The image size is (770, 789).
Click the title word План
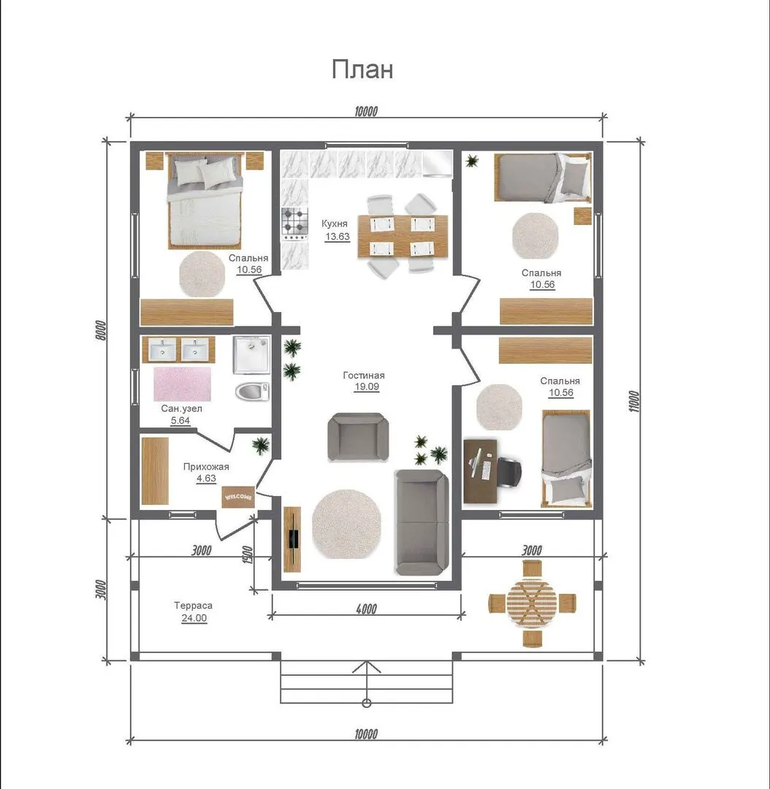point(362,69)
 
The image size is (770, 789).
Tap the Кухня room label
point(334,224)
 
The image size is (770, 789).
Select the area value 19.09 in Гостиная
point(367,386)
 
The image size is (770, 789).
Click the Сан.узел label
point(181,408)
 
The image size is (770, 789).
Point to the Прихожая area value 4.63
point(206,478)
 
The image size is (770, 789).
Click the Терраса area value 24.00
point(194,618)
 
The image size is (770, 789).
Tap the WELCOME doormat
point(239,498)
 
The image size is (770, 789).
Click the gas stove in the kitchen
point(294,224)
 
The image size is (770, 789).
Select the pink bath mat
point(182,384)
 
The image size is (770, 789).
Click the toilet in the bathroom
point(252,392)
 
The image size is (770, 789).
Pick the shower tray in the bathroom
point(251,355)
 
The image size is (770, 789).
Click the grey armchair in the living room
point(358,437)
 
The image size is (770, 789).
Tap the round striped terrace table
point(532,603)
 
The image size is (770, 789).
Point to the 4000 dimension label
point(366,609)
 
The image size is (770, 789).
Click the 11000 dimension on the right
point(634,402)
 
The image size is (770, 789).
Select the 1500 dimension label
point(247,554)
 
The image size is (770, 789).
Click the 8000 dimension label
point(101,330)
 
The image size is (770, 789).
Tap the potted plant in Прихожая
point(261,445)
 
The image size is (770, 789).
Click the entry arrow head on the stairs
point(367,667)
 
